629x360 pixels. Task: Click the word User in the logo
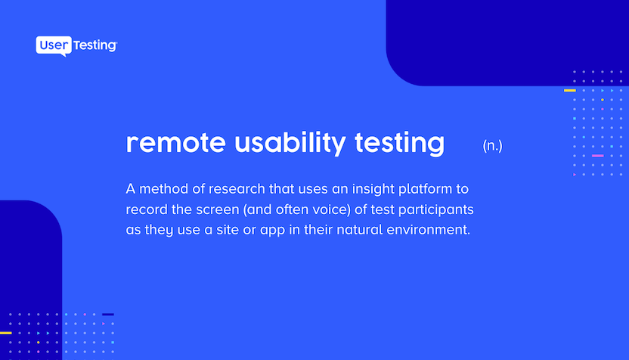(x=54, y=45)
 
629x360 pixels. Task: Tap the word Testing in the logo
(x=95, y=45)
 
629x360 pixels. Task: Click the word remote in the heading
(x=175, y=142)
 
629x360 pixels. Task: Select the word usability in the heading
(x=290, y=142)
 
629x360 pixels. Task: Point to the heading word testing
(x=399, y=143)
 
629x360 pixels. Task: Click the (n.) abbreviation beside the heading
(x=492, y=146)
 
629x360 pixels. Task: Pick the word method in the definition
(x=163, y=188)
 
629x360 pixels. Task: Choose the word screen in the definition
(x=218, y=210)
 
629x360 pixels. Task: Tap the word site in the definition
(x=228, y=230)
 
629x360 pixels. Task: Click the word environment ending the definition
(x=428, y=230)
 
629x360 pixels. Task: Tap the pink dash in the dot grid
(x=598, y=156)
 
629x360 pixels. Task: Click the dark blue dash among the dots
(x=108, y=315)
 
